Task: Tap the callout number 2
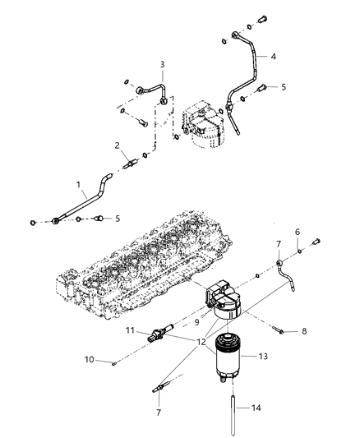118,145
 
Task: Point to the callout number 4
273,58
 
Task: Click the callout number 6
298,231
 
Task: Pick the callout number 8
304,331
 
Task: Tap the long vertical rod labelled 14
238,411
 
